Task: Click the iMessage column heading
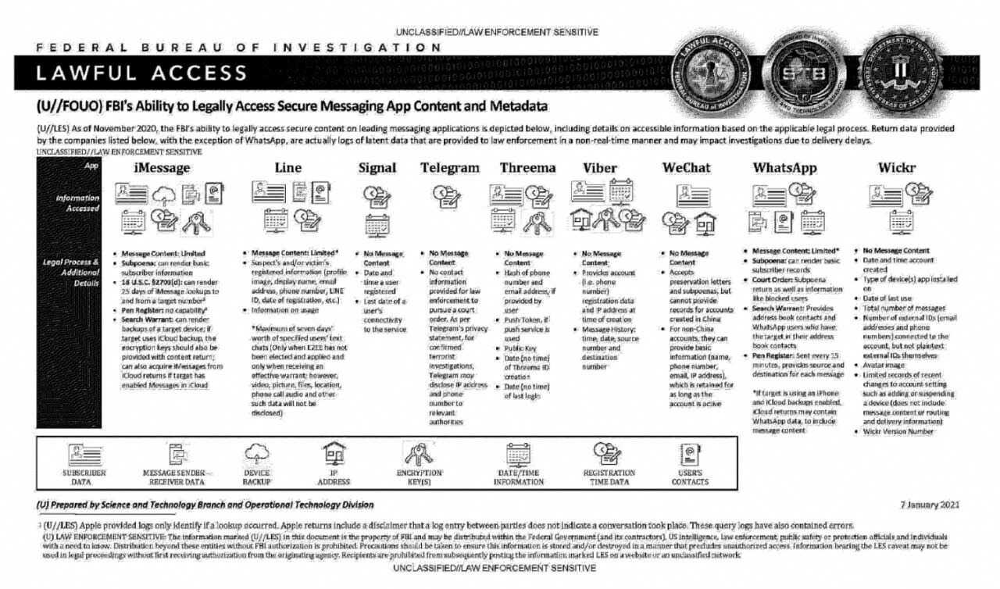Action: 162,168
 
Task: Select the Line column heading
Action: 288,168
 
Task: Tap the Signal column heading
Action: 377,168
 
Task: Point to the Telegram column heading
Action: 449,168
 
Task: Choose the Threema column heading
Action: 528,168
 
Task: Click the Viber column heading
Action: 600,168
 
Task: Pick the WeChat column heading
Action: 687,168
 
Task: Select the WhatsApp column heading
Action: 784,168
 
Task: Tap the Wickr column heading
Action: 896,168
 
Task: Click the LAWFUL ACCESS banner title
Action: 141,73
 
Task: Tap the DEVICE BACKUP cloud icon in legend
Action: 257,452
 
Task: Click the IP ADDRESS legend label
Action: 334,477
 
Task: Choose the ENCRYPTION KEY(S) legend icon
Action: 419,453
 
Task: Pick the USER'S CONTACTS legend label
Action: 691,477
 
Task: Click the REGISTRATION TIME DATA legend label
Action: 609,477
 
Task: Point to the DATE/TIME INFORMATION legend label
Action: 519,477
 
